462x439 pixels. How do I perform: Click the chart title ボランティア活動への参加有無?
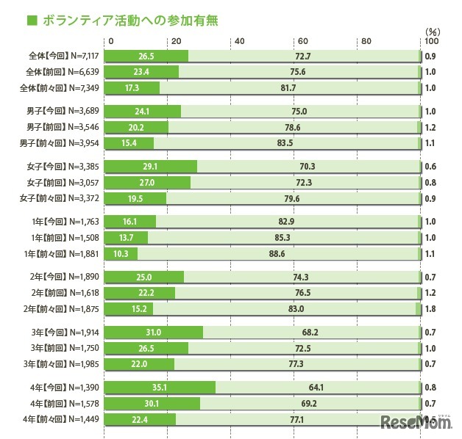130,20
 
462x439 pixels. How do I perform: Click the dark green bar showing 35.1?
161,387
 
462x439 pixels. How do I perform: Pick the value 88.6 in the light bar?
277,253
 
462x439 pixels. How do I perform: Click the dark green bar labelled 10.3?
122,253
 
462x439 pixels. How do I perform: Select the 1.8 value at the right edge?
431,309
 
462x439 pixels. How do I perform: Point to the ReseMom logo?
415,422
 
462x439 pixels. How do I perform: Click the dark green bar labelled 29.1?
152,166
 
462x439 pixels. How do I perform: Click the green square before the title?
32,20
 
